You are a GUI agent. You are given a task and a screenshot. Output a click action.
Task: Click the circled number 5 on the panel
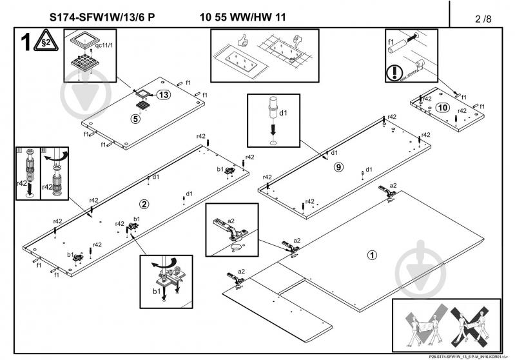tap(135, 119)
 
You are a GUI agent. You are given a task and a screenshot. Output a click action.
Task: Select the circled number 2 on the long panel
tap(144, 204)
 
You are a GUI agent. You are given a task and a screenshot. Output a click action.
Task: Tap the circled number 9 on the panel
tap(338, 167)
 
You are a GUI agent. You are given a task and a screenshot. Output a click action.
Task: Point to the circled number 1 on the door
tap(371, 254)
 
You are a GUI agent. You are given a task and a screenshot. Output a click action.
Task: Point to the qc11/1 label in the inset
tap(103, 46)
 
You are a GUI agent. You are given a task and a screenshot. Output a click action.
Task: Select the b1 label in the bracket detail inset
tap(155, 292)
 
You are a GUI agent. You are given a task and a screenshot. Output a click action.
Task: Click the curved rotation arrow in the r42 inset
tap(61, 155)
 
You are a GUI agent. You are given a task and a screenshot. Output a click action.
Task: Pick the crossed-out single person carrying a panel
tap(475, 326)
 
